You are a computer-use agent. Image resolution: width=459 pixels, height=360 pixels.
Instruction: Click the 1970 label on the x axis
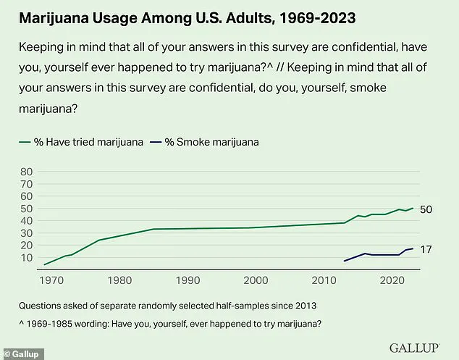tap(51, 280)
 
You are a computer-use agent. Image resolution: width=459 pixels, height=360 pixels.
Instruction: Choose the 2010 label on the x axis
tap(324, 280)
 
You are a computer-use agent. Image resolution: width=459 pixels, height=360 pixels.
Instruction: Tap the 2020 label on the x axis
tap(392, 280)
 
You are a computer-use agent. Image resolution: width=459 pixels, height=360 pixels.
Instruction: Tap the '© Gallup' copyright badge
tap(22, 354)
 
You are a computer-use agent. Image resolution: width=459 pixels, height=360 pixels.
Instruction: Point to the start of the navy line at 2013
tap(344, 261)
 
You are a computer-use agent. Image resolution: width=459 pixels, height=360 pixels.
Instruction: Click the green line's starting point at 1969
tap(45, 264)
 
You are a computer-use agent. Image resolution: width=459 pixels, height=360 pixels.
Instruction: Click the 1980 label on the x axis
tap(119, 280)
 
